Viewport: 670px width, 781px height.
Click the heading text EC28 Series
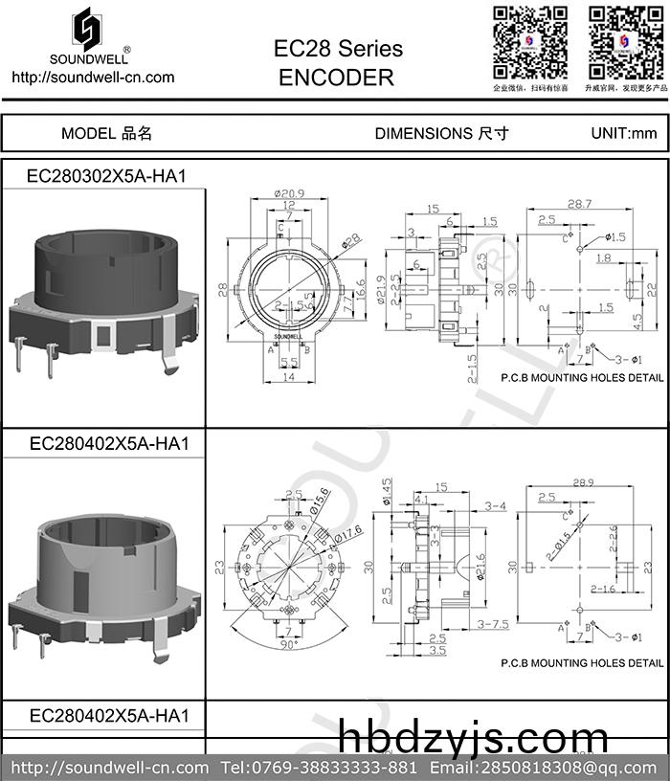tap(338, 48)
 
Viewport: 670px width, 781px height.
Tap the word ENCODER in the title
tap(337, 78)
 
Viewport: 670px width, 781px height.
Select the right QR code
tap(624, 43)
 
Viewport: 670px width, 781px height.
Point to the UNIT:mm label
tap(624, 133)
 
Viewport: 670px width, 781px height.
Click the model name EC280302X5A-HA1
tap(105, 176)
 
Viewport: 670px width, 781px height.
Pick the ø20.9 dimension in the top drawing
tap(287, 193)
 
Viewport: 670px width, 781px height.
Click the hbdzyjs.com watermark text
tap(473, 739)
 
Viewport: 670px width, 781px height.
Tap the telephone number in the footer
tap(319, 768)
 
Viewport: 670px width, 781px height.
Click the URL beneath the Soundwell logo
tap(92, 77)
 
